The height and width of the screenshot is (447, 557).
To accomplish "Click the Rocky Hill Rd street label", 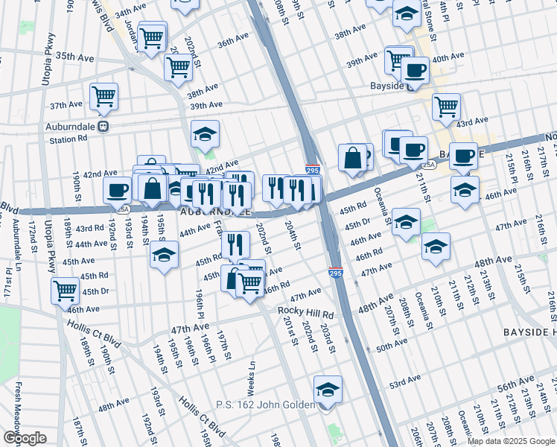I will (x=306, y=311).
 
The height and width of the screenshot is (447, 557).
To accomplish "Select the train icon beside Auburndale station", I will (x=104, y=126).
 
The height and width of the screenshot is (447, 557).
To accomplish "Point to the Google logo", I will (x=24, y=438).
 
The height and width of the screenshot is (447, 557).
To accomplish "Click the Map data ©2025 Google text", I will (x=512, y=441).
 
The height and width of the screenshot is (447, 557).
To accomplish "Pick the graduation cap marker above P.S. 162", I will (x=328, y=389).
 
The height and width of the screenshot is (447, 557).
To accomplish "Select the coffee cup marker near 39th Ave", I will (x=415, y=71).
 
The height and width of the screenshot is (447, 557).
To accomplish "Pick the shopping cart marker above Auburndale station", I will (x=104, y=96).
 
